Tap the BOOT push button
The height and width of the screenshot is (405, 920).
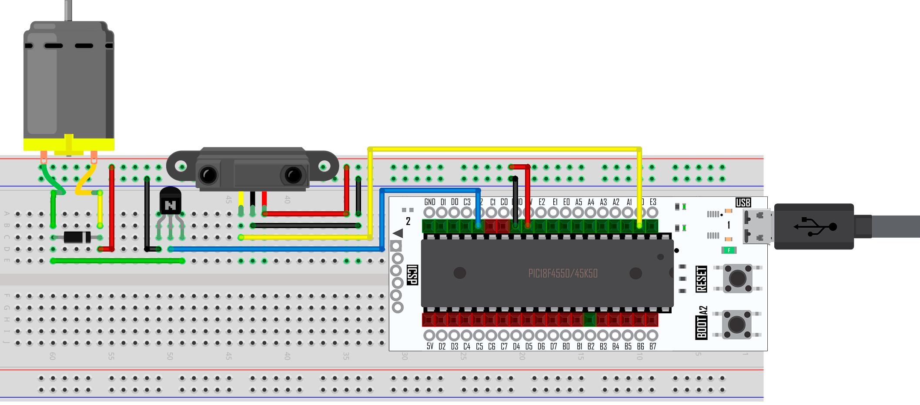click(736, 324)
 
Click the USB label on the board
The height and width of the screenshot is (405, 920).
click(743, 202)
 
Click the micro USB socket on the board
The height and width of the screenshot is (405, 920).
click(757, 226)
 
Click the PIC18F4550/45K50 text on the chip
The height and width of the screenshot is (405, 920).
click(563, 273)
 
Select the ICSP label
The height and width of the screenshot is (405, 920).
click(412, 275)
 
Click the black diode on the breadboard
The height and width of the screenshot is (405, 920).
click(77, 237)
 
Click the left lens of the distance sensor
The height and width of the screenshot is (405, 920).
click(208, 175)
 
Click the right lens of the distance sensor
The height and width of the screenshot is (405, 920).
click(293, 175)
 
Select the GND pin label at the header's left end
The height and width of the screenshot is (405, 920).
click(430, 202)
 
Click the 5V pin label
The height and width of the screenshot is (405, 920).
click(430, 346)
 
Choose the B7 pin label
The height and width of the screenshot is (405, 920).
click(652, 346)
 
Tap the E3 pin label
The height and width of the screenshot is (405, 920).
click(653, 202)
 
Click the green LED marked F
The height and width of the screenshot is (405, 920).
click(729, 250)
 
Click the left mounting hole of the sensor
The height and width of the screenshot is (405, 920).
click(181, 166)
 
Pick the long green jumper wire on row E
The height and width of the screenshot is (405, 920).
click(117, 261)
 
